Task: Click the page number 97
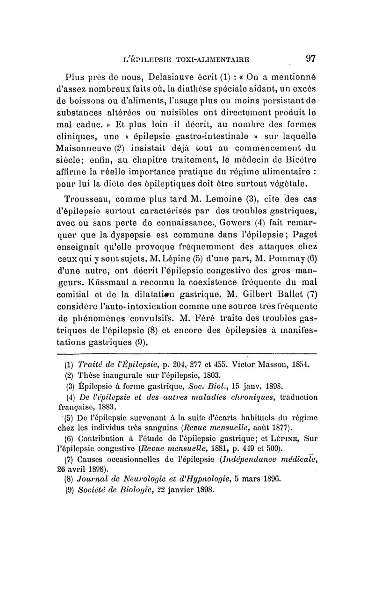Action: pyautogui.click(x=311, y=58)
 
